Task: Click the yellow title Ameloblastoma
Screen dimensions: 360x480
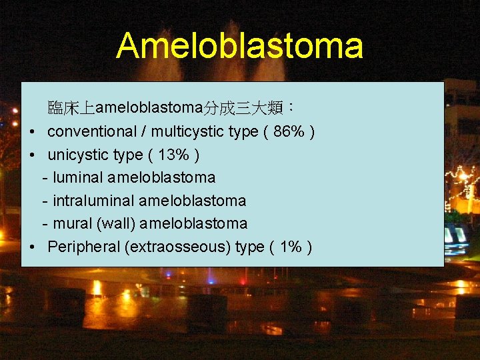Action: [x=239, y=46]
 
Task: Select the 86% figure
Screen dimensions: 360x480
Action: [x=290, y=132]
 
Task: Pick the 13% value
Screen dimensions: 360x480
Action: [x=174, y=155]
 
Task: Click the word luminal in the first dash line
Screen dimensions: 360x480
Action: [x=77, y=177]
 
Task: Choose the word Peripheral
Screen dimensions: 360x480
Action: [x=83, y=247]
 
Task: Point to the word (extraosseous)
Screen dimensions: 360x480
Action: [x=177, y=247]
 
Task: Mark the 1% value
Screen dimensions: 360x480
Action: [x=291, y=247]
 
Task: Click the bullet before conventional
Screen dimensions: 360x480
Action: [x=33, y=133]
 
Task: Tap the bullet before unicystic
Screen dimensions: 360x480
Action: [x=33, y=155]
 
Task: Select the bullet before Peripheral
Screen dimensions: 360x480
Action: [x=33, y=247]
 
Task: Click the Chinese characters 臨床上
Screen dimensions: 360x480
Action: [x=72, y=108]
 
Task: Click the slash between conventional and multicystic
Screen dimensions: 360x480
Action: [x=142, y=132]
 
